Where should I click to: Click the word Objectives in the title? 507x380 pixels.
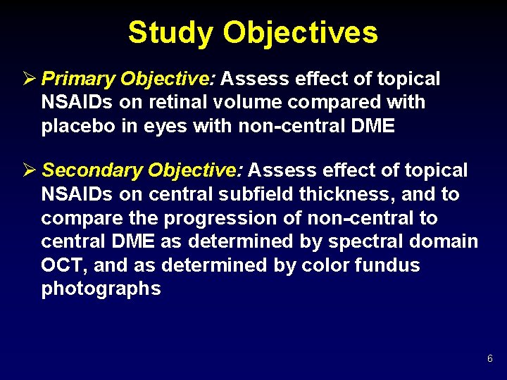[x=301, y=32]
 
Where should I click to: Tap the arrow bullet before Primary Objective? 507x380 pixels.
[x=30, y=79]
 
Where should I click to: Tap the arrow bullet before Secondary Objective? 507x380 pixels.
[x=30, y=170]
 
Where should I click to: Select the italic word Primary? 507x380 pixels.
[x=78, y=79]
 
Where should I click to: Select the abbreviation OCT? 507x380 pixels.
[x=62, y=265]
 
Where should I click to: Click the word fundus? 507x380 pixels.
[x=385, y=265]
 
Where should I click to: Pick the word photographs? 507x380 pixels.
[x=101, y=289]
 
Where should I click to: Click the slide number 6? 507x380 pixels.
[x=489, y=360]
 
